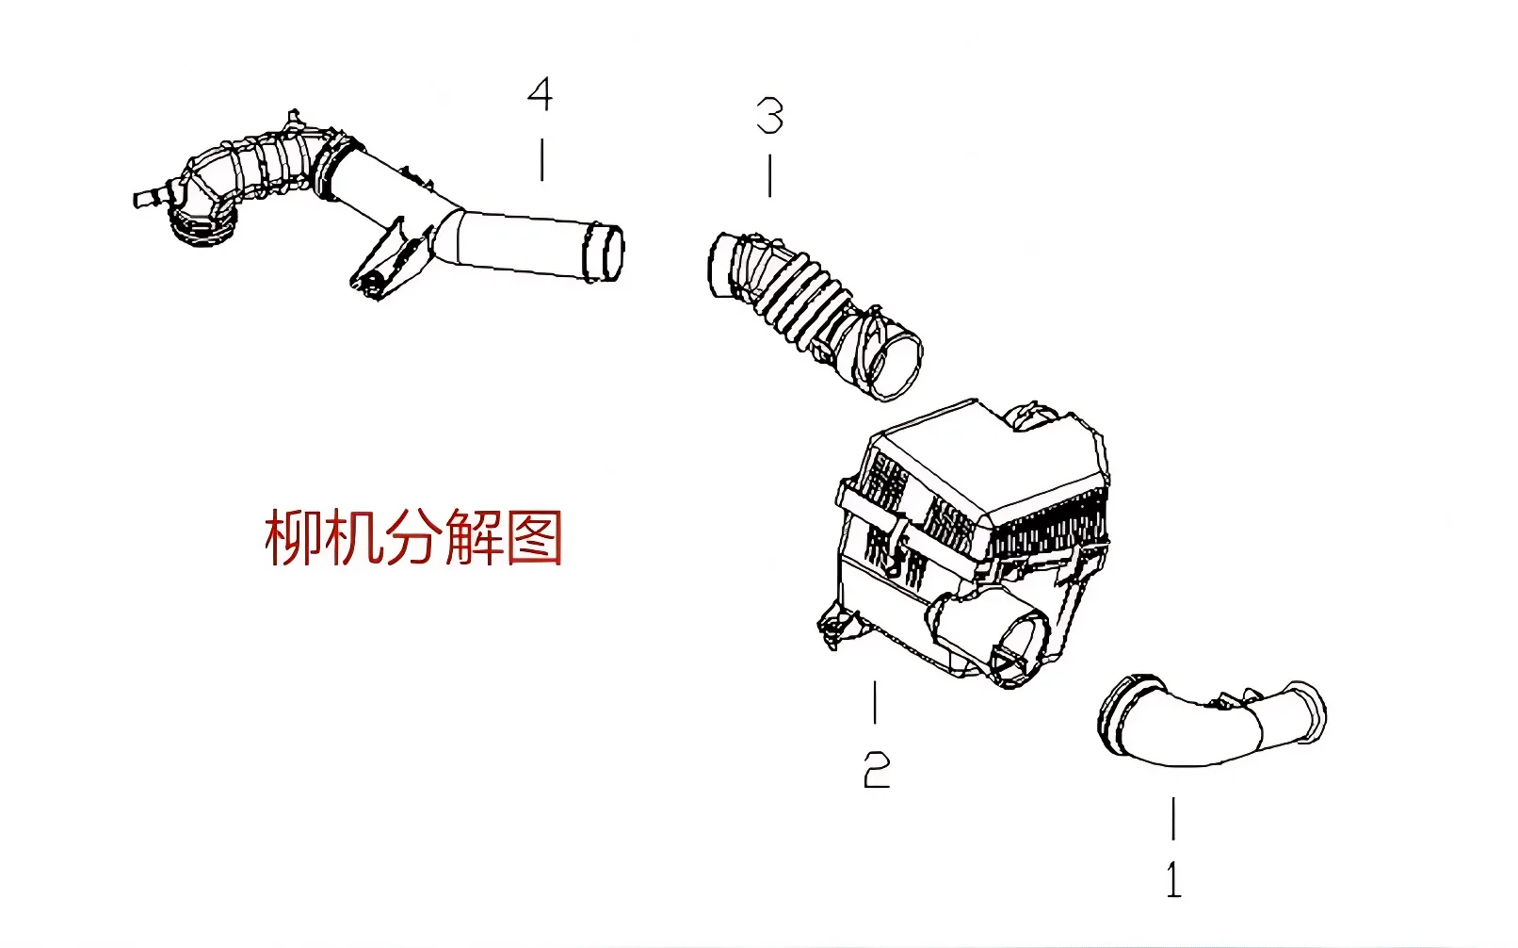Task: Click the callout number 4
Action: pyautogui.click(x=540, y=95)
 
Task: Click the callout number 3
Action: pyautogui.click(x=769, y=117)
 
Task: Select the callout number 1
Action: pyautogui.click(x=1173, y=879)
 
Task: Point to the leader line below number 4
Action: pyautogui.click(x=541, y=160)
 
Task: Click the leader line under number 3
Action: pyautogui.click(x=770, y=176)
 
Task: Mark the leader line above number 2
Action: pyautogui.click(x=876, y=703)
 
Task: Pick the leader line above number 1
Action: pyautogui.click(x=1173, y=818)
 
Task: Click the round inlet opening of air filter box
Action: pyautogui.click(x=1017, y=646)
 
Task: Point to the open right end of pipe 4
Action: pyautogui.click(x=605, y=253)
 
